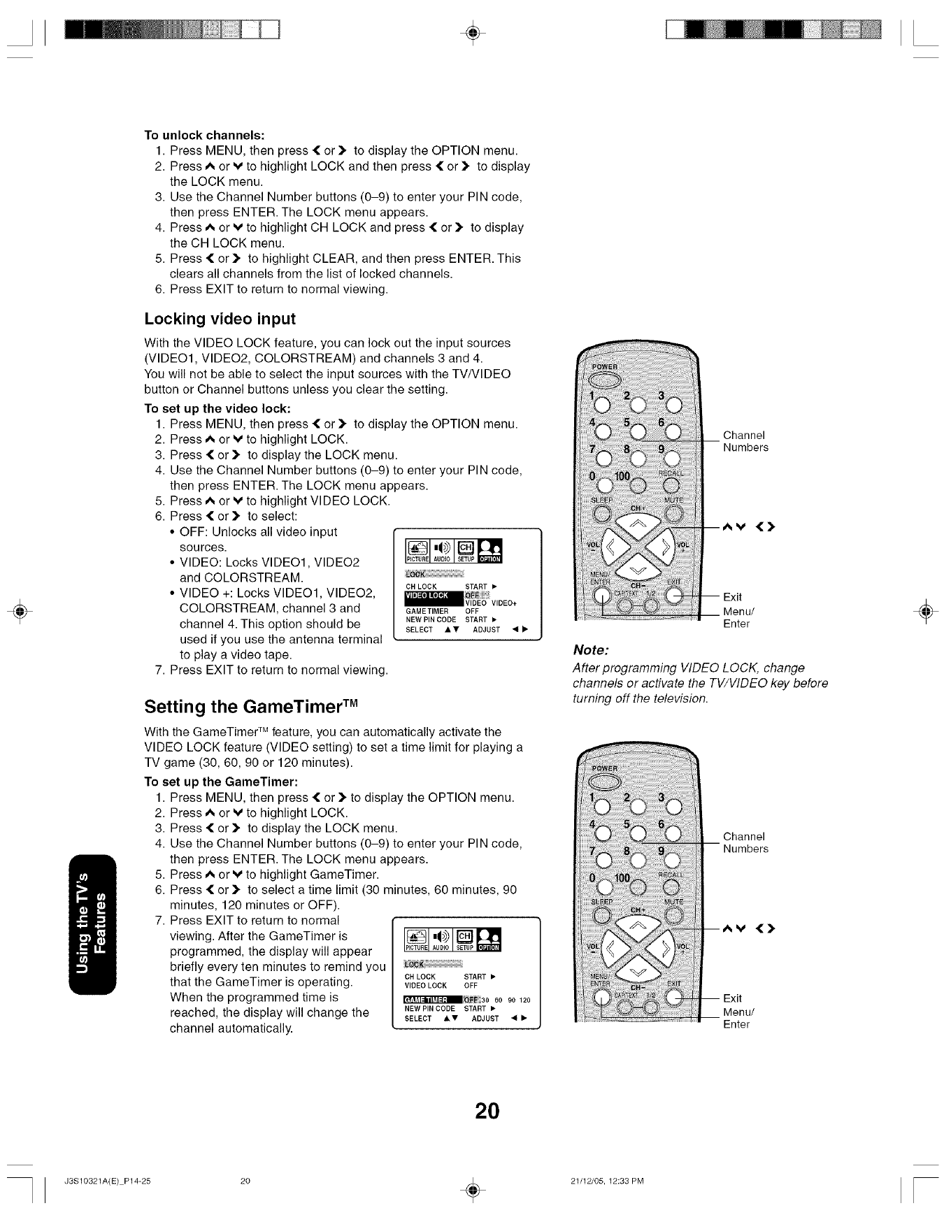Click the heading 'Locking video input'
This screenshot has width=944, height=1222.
coord(220,319)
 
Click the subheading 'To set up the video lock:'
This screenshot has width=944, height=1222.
coord(217,408)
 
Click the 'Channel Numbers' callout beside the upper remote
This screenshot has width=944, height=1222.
coord(745,441)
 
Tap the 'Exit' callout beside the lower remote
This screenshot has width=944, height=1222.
coord(732,998)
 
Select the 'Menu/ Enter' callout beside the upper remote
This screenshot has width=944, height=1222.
coord(736,617)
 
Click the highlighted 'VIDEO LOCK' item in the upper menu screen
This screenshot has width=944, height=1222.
coord(428,596)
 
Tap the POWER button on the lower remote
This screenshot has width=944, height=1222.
coord(603,780)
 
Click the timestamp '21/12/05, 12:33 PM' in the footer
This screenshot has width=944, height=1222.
coord(606,1181)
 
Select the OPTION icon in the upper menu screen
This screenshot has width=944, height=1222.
coord(489,551)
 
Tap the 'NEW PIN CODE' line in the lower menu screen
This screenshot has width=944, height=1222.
coord(430,1009)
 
